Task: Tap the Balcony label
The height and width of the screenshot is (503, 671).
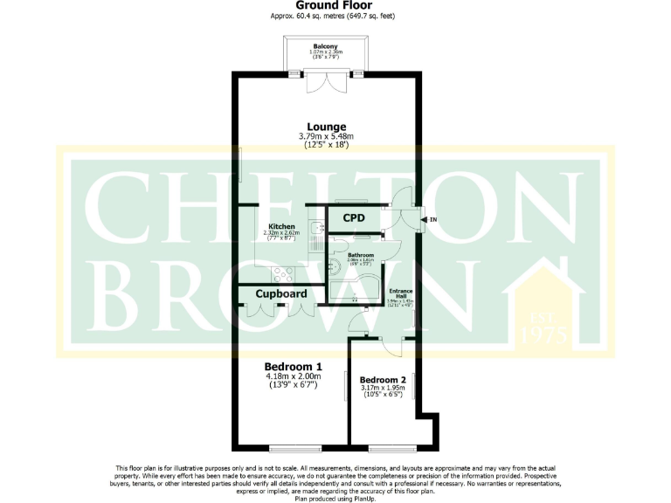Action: point(325,45)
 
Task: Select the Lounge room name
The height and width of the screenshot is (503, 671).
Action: point(325,127)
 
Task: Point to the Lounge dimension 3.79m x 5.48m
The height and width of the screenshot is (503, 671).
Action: point(325,136)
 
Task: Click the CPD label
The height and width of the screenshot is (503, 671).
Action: point(353,217)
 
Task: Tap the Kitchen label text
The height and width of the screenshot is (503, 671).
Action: point(281,226)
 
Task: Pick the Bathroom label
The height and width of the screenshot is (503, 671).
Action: point(361,255)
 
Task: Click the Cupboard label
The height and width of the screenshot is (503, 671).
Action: point(280,294)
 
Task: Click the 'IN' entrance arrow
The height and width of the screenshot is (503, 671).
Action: point(426,219)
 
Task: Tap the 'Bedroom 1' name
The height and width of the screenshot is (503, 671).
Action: point(294,367)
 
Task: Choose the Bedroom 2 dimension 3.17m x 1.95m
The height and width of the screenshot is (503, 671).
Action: point(383,389)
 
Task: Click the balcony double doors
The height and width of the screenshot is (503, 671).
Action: point(325,82)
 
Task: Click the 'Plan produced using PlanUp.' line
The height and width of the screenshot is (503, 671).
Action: point(335,498)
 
